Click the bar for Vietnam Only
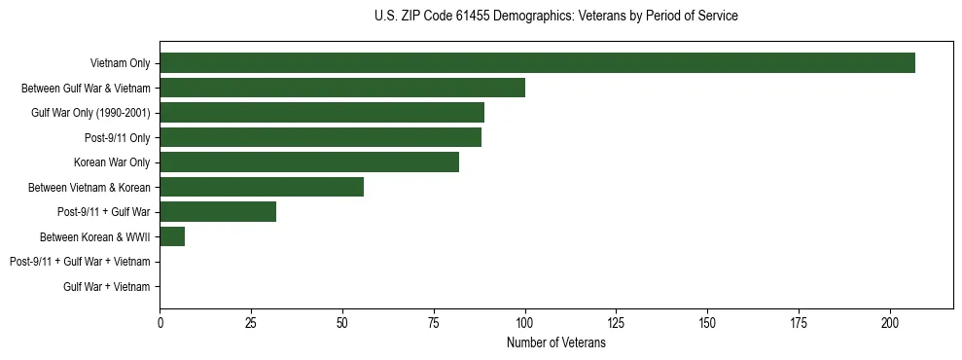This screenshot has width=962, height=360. point(537,63)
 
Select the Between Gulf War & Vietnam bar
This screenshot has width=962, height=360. point(342,88)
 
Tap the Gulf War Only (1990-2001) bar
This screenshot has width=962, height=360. point(322,113)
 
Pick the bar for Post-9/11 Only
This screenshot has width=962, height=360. point(320,137)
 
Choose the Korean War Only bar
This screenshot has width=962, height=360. point(309,162)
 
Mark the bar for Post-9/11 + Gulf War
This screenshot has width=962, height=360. point(218,212)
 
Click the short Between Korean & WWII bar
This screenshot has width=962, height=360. point(172,236)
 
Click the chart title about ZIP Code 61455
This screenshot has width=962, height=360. point(555,17)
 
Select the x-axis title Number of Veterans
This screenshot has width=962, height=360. point(555,343)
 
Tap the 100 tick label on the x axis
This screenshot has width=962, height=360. point(525,322)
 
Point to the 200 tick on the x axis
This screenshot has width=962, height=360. point(890,322)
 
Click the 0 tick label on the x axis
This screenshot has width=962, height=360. point(160,322)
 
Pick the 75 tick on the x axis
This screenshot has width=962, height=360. point(434,322)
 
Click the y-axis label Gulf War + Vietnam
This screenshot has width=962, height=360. point(107,287)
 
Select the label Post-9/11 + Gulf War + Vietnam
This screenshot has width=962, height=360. point(80,262)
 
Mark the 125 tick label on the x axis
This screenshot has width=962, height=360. point(617,322)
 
